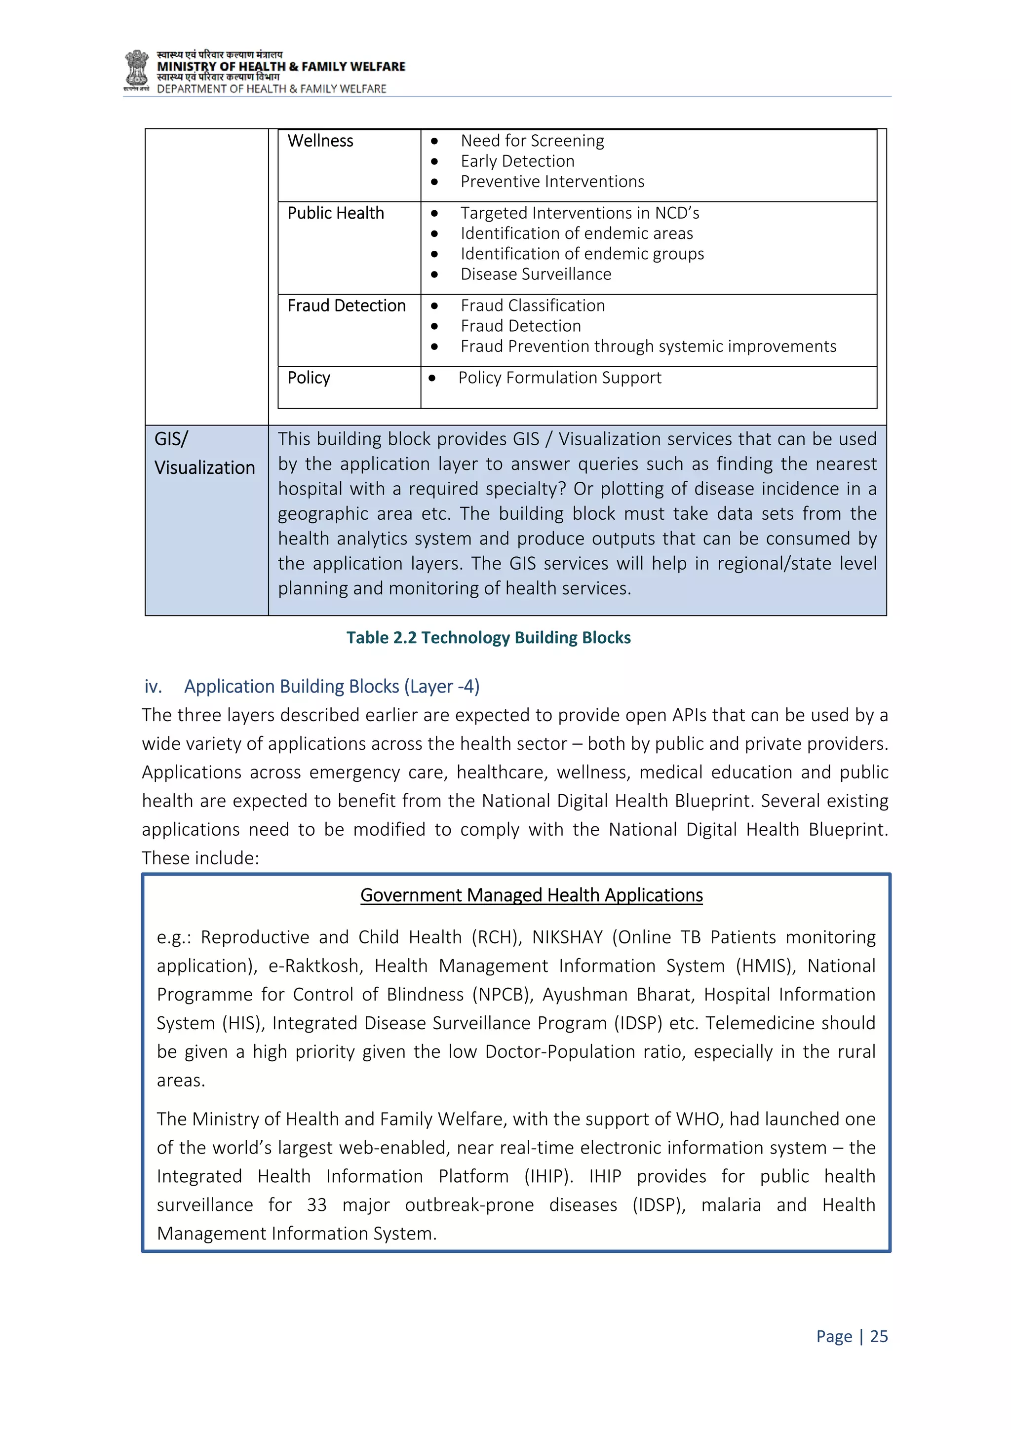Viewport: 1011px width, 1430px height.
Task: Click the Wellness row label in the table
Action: click(x=320, y=141)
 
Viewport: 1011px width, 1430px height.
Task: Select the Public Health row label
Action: click(x=335, y=214)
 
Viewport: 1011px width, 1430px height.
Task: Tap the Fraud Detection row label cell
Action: click(x=347, y=306)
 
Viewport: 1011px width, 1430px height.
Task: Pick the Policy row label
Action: click(x=309, y=378)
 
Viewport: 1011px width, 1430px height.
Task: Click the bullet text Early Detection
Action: click(x=517, y=161)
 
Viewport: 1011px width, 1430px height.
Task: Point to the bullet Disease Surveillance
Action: click(x=536, y=274)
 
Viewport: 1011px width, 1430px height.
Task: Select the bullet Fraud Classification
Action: click(x=533, y=306)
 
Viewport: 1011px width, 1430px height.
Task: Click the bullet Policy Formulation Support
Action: click(x=559, y=378)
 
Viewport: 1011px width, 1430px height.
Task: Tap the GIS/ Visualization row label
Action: click(x=204, y=454)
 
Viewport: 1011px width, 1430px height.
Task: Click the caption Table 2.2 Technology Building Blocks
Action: click(x=488, y=638)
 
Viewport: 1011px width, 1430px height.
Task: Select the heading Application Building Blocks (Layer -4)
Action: click(x=331, y=686)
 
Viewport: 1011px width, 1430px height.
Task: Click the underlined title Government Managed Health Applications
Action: click(x=531, y=895)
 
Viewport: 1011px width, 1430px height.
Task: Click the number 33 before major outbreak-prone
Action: click(x=316, y=1205)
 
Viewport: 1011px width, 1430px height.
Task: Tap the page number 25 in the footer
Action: click(x=879, y=1337)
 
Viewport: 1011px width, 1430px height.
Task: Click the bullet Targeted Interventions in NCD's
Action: click(x=580, y=214)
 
